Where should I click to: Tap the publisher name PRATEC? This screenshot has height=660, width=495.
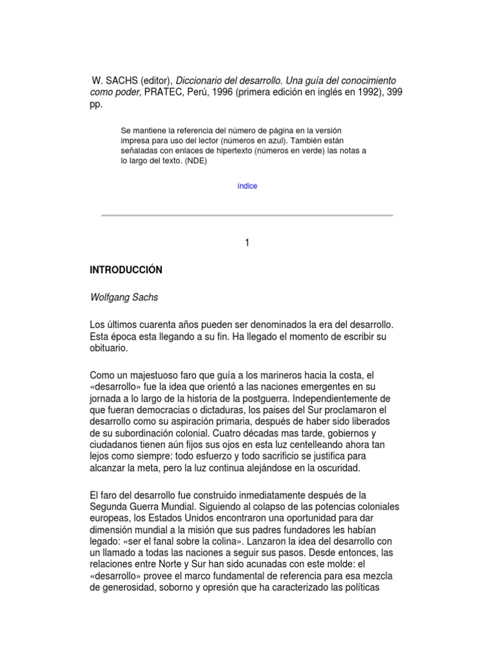click(163, 92)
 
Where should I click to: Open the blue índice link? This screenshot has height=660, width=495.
click(247, 186)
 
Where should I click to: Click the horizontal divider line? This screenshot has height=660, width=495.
click(247, 215)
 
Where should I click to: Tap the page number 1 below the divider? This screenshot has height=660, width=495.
click(247, 242)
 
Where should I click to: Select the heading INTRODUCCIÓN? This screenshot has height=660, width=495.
click(126, 270)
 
